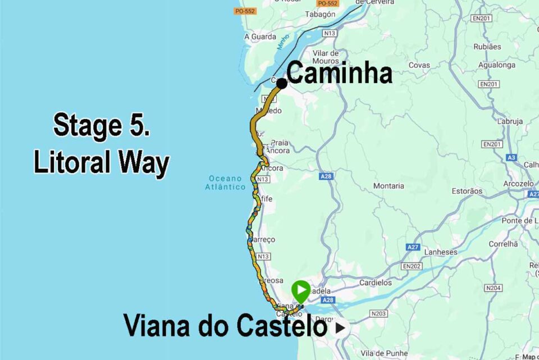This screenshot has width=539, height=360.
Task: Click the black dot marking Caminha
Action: [282, 83]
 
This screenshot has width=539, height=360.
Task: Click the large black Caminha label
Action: [339, 73]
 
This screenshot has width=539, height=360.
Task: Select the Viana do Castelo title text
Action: [225, 326]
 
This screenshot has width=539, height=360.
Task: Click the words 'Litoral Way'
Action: [101, 163]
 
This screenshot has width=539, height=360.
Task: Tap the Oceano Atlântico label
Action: [224, 183]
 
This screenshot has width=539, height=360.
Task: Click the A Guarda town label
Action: [260, 37]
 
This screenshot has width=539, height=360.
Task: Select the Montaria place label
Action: [389, 186]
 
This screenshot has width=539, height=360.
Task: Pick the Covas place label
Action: [419, 65]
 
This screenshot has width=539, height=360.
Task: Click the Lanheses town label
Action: [441, 252]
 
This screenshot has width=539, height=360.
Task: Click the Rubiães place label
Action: [487, 47]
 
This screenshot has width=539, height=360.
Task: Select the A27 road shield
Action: [413, 247]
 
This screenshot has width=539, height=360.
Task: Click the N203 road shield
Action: [378, 313]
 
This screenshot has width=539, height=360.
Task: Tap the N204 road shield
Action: [493, 288]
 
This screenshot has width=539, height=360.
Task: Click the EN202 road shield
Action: [412, 266]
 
